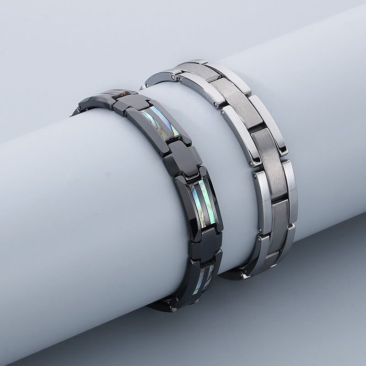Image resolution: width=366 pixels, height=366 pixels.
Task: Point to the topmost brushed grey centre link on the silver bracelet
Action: (x=197, y=69)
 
